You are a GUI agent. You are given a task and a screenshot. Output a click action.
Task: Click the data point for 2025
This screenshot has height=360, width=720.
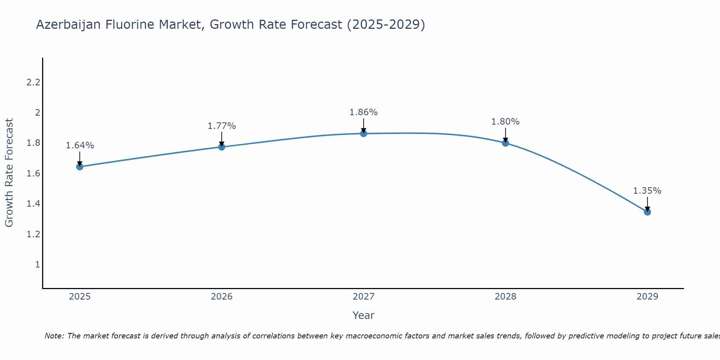click(80, 167)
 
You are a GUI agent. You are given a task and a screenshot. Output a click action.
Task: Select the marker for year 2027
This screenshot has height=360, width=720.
click(364, 134)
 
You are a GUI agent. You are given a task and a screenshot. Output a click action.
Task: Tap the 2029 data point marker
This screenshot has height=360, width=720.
click(647, 212)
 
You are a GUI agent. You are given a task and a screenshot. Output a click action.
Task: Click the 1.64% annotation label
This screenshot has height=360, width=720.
click(80, 145)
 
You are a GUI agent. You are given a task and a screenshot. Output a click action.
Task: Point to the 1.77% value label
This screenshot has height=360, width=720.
click(221, 126)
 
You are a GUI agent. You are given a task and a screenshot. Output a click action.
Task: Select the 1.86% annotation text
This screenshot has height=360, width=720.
click(364, 112)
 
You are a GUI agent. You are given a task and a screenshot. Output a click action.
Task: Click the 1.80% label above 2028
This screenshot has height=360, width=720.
click(505, 122)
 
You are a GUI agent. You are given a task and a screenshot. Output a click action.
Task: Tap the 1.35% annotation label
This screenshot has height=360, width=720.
click(647, 191)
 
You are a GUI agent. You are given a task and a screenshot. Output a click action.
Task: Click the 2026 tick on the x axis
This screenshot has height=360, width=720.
click(221, 297)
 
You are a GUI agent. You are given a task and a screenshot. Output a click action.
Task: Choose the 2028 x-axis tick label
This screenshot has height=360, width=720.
click(505, 297)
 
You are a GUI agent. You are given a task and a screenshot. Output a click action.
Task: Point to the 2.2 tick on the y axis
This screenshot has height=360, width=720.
click(33, 82)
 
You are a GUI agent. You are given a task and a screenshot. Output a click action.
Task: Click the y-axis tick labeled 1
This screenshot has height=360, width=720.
click(37, 265)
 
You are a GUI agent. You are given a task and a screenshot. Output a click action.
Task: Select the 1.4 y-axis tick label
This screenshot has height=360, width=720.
click(33, 204)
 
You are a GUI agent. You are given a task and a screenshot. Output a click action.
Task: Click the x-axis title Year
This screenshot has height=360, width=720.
click(364, 315)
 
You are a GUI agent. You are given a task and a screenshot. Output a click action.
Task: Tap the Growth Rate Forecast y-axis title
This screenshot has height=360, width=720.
click(9, 173)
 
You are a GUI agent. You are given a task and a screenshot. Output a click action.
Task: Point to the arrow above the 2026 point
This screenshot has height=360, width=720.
click(221, 139)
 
